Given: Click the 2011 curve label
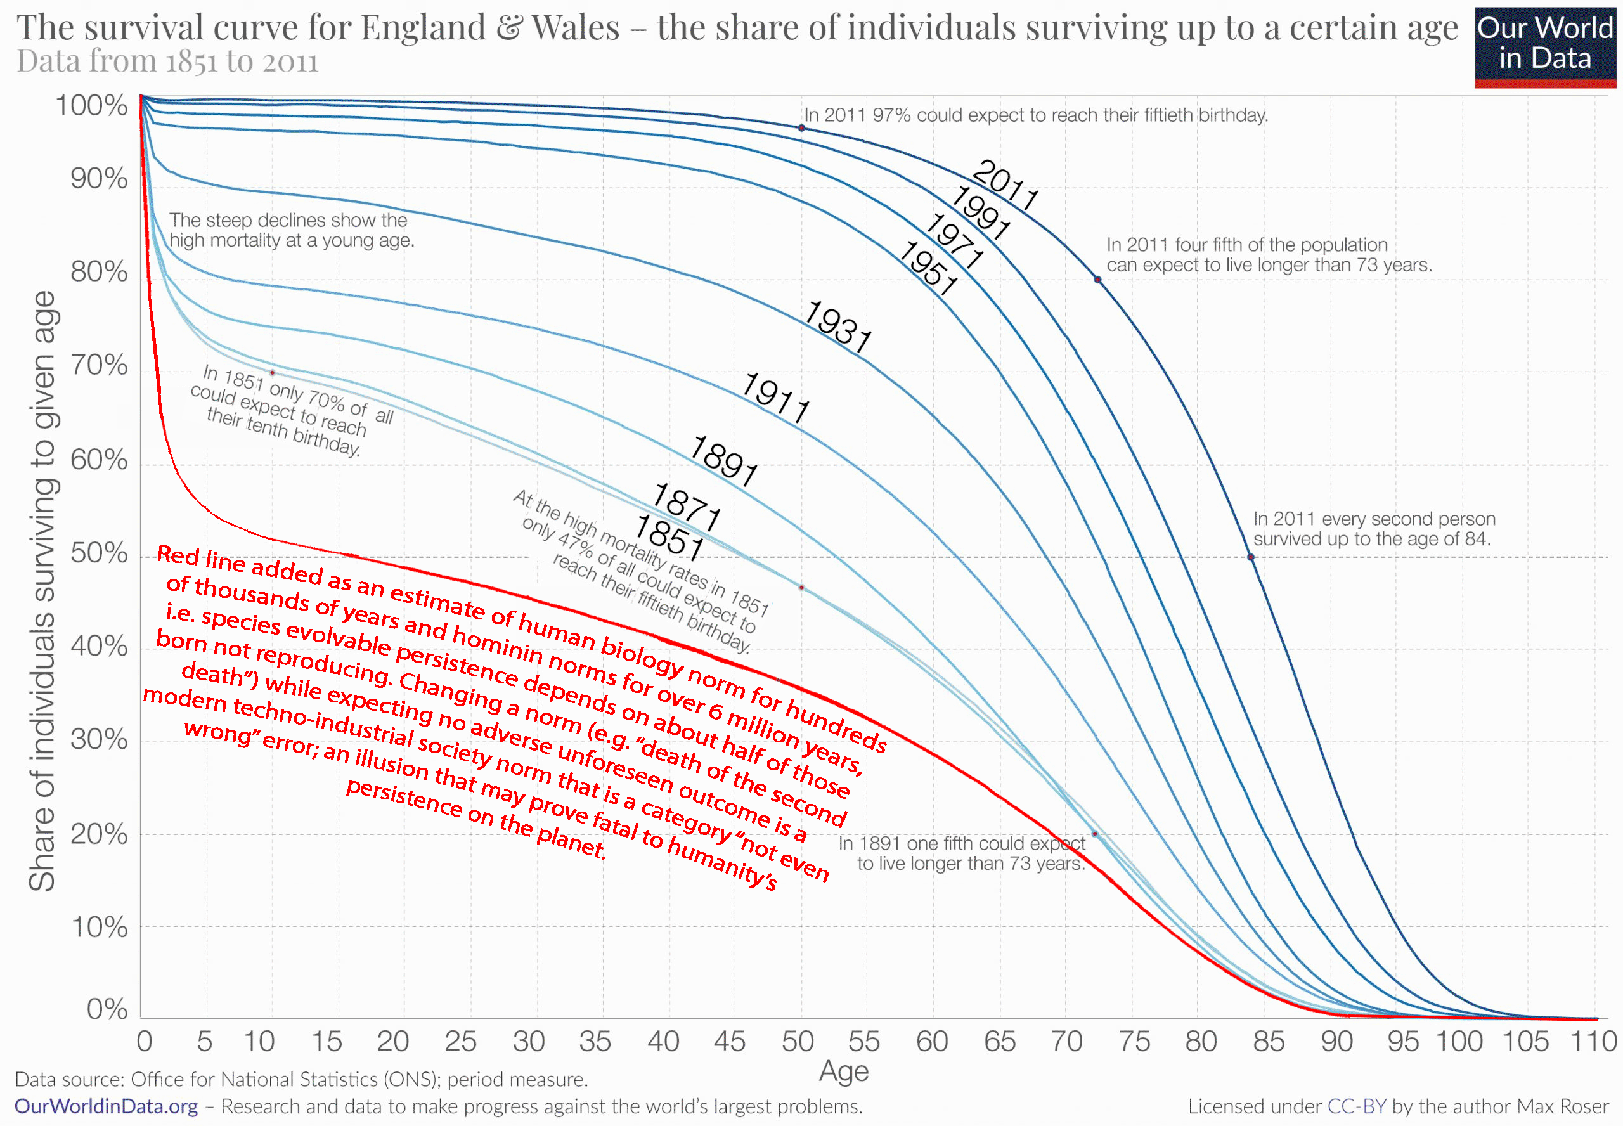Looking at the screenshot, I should click(x=1004, y=186).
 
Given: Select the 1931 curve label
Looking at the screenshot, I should click(x=838, y=327).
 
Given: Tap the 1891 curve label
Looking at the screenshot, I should click(x=723, y=461).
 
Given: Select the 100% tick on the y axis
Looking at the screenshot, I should click(x=92, y=106).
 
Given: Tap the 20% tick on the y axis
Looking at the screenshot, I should click(x=99, y=834).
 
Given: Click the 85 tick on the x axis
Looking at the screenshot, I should click(x=1268, y=1041).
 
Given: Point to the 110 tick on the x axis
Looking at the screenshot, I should click(x=1593, y=1041).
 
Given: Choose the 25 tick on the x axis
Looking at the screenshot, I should click(x=460, y=1041).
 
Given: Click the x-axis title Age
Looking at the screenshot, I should click(x=844, y=1071).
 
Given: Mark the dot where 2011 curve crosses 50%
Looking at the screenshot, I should click(x=1251, y=557).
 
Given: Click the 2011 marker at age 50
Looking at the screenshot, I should click(x=801, y=127).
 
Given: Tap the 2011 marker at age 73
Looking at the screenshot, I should click(x=1097, y=280).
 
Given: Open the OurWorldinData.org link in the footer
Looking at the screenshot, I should click(x=106, y=1106).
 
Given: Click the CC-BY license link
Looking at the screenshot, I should click(x=1356, y=1106).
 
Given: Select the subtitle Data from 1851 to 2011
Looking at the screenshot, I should click(x=167, y=62).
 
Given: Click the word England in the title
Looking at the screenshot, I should click(x=424, y=29).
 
